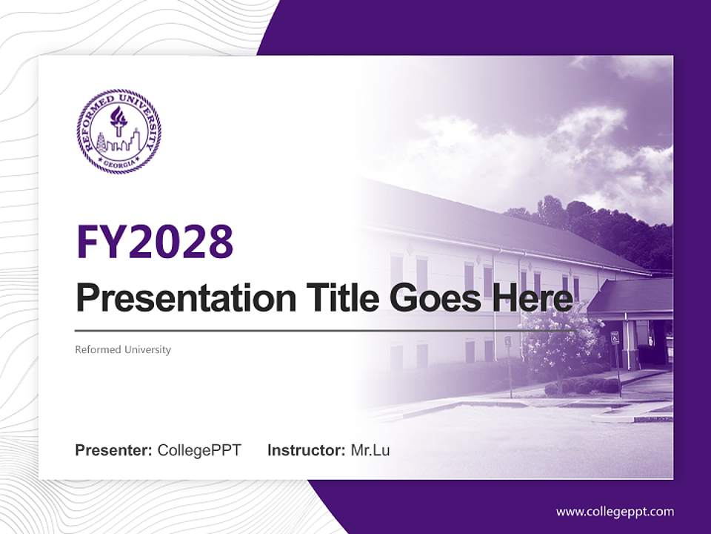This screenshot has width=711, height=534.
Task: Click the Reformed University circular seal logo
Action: (118, 132)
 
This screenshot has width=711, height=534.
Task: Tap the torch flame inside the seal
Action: (118, 115)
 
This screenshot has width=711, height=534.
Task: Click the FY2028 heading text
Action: (155, 241)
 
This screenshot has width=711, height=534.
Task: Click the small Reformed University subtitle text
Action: (123, 349)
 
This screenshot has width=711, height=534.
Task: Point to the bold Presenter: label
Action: (113, 450)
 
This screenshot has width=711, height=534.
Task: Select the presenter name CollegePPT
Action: (199, 450)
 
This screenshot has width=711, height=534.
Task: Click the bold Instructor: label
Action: (306, 450)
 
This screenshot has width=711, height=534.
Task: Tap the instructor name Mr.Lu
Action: (370, 450)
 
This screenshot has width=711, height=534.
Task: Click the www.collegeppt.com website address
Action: (615, 511)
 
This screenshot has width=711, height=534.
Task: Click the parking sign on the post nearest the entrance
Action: (615, 338)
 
